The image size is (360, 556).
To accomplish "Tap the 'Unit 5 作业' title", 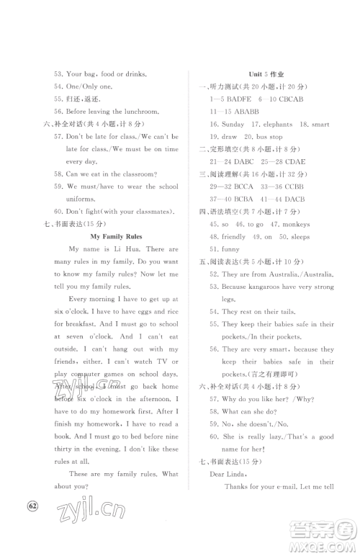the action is (x=267, y=74).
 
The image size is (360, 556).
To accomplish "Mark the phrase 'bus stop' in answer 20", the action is (x=269, y=137).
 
